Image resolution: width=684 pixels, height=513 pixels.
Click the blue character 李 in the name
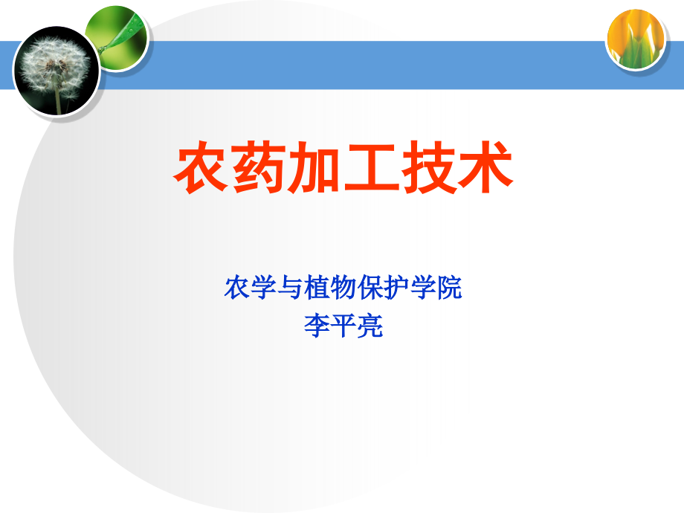coord(317,326)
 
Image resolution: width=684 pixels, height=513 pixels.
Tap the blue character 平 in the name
coord(343,326)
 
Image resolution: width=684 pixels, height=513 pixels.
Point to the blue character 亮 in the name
coord(370,326)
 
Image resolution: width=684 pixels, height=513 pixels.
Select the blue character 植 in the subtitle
coord(317,288)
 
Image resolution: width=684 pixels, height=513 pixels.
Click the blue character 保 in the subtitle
coord(370,288)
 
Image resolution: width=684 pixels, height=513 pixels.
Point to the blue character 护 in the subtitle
coord(397,288)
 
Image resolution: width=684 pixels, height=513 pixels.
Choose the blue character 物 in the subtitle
coord(343,288)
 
